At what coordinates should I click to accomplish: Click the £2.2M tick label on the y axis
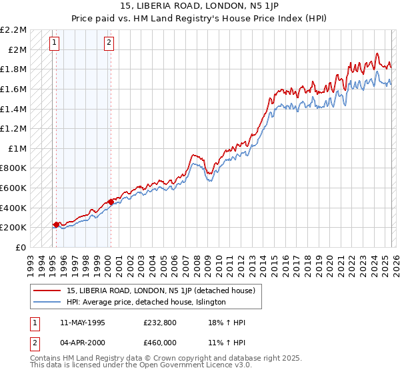pos(13,30)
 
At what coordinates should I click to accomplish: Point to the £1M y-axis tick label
pos(17,148)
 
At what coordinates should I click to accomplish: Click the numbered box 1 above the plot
pos(55,43)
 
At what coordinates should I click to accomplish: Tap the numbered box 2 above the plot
pos(109,43)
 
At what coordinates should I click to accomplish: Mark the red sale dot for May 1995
pos(56,224)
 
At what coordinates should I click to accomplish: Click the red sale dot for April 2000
pos(110,202)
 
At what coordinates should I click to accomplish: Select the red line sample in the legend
pos(48,290)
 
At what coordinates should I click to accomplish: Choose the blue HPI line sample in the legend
pos(48,302)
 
